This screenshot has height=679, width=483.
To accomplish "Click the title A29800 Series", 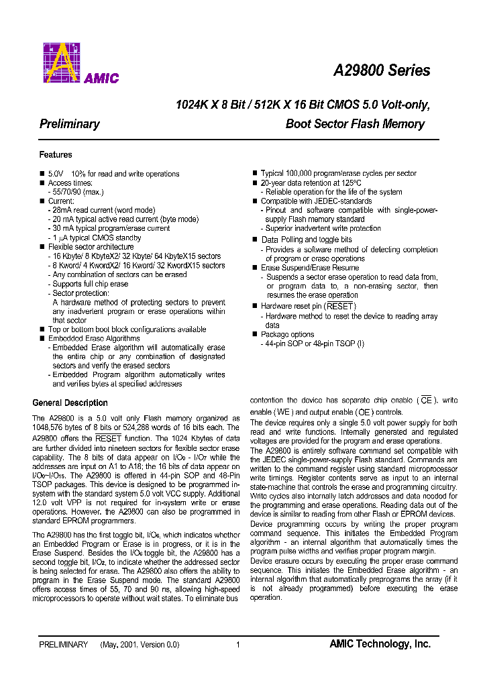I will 382,70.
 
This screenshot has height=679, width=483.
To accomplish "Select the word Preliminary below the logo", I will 70,124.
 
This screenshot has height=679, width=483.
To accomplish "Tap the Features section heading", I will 56,155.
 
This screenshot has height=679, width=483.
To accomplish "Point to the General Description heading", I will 70,403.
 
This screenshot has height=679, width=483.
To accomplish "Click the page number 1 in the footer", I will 238,645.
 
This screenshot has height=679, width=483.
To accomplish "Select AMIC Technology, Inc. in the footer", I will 380,644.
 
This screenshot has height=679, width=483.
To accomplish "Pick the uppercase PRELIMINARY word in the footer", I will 63,645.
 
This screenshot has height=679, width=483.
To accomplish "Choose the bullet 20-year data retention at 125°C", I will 311,182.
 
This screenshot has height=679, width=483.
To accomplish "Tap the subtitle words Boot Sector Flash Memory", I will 355,124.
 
